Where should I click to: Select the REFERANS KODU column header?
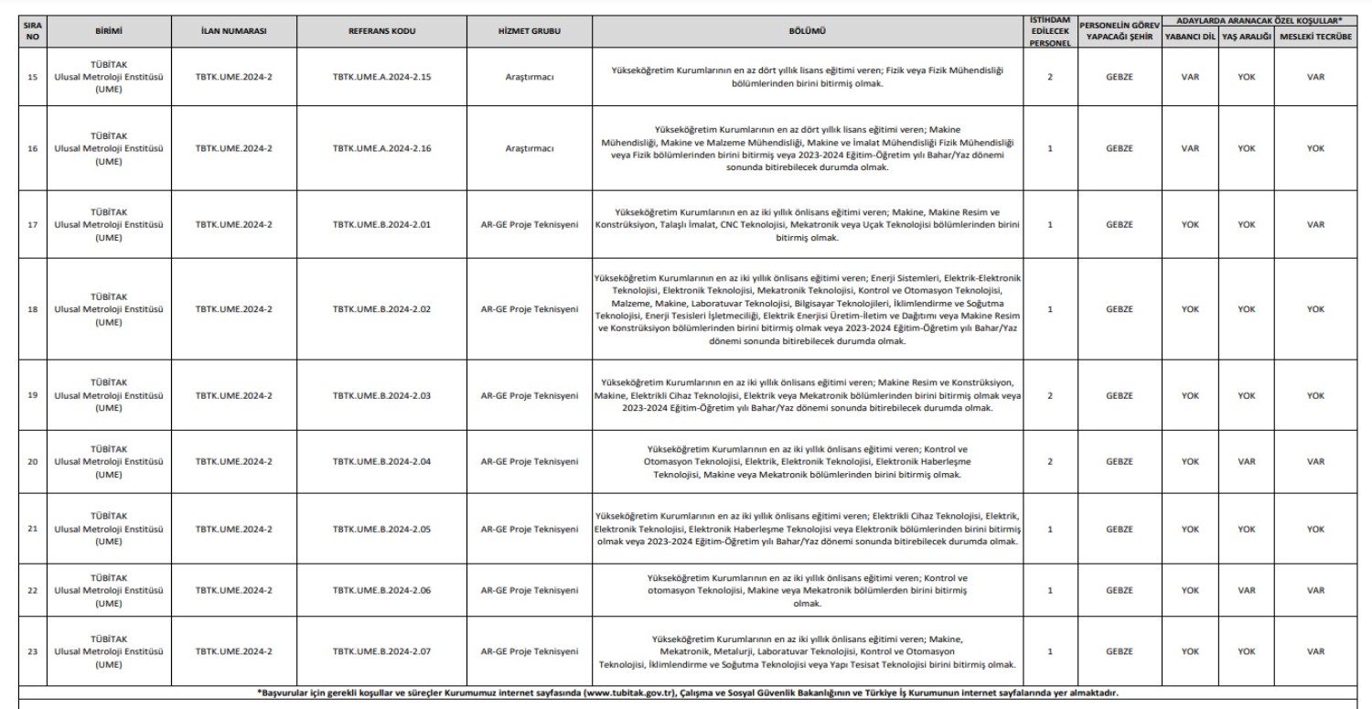pos(382,30)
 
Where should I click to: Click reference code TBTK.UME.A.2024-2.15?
pos(382,78)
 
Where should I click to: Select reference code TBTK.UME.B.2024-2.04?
pos(382,462)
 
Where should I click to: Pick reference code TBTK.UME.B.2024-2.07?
pos(382,651)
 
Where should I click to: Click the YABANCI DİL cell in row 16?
pos(1189,149)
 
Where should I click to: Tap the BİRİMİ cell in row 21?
pos(109,529)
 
